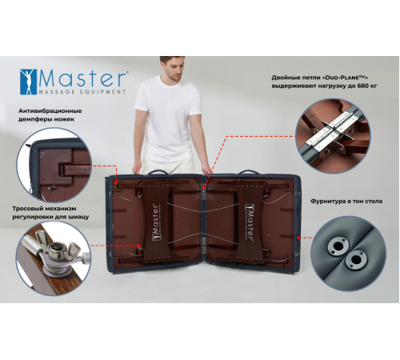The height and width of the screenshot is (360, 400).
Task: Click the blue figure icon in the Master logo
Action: click(x=28, y=82)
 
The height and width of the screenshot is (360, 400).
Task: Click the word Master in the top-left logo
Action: click(x=82, y=78)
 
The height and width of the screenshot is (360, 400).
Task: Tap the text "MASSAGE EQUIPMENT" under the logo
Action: click(x=82, y=92)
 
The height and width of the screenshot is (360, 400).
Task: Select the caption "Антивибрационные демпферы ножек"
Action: click(x=50, y=115)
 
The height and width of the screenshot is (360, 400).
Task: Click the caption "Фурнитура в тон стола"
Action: click(x=346, y=201)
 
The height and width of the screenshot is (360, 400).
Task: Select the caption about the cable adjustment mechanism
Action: click(x=50, y=213)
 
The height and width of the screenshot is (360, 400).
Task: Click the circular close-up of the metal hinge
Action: click(x=333, y=136)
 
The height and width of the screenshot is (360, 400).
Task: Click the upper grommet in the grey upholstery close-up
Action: click(x=338, y=246)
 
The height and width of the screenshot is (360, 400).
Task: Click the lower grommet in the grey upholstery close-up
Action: click(x=355, y=258)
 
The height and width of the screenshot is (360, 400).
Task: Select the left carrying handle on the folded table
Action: click(x=158, y=171)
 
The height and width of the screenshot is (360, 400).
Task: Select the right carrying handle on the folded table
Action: click(x=248, y=171)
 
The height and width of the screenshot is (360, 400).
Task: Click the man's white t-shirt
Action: click(x=168, y=118)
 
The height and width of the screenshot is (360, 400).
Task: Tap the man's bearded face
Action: click(x=173, y=69)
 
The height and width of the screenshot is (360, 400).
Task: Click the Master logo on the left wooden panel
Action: click(x=155, y=222)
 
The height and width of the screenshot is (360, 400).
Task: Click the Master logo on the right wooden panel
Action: click(x=249, y=222)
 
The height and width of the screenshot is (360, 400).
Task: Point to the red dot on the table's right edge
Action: click(x=299, y=238)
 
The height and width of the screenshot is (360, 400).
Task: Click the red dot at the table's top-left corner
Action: click(x=116, y=182)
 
